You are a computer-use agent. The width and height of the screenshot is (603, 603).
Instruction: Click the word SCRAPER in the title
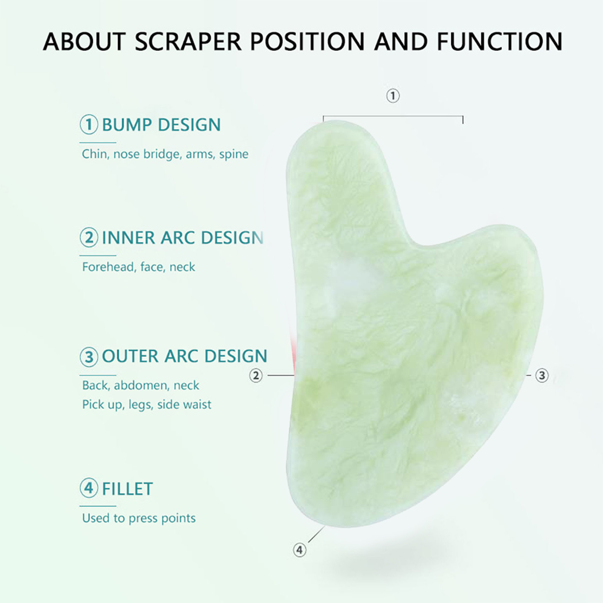[188, 41]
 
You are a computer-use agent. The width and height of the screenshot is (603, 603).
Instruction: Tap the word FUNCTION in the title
[500, 41]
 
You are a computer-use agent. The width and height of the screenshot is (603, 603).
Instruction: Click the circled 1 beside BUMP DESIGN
[89, 125]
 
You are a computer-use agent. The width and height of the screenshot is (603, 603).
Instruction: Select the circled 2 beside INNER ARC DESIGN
[89, 238]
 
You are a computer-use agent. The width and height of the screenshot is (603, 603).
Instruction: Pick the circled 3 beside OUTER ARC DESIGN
[89, 356]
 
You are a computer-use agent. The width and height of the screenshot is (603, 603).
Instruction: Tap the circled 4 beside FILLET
[89, 489]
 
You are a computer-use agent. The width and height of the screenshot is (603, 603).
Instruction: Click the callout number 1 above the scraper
[393, 96]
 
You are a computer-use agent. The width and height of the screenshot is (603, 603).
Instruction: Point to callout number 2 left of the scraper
[256, 375]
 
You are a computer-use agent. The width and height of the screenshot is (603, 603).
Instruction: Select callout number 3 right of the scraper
[542, 375]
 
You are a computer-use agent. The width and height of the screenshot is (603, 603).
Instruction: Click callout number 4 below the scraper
[300, 550]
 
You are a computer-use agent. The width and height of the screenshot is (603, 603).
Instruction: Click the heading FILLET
[127, 489]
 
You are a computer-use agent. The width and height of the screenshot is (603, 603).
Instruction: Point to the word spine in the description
[234, 155]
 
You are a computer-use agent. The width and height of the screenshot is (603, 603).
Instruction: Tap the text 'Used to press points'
[139, 519]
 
